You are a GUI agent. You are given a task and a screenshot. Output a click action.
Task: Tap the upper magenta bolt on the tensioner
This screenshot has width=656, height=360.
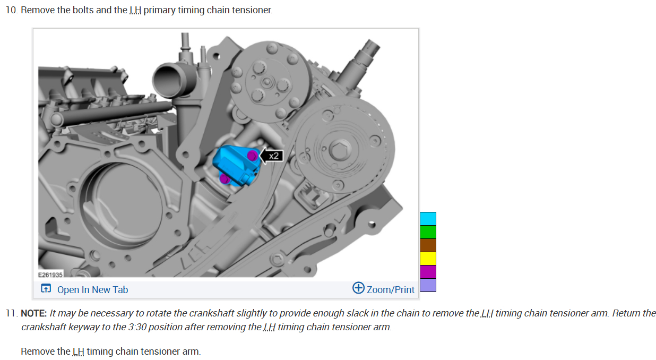[252, 156]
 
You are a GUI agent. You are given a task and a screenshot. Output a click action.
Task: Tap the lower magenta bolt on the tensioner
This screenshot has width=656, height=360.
[225, 178]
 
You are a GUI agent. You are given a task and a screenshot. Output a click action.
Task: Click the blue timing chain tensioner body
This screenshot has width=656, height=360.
[236, 166]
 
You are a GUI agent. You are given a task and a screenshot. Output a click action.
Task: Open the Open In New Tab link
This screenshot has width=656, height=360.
[84, 289]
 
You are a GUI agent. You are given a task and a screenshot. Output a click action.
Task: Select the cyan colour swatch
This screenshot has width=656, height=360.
[428, 219]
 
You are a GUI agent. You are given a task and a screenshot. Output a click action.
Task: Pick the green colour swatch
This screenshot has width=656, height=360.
[428, 232]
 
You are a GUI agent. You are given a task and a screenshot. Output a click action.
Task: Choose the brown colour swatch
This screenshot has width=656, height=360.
[428, 245]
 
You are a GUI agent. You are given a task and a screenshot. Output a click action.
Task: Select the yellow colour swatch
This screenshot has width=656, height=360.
[428, 259]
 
